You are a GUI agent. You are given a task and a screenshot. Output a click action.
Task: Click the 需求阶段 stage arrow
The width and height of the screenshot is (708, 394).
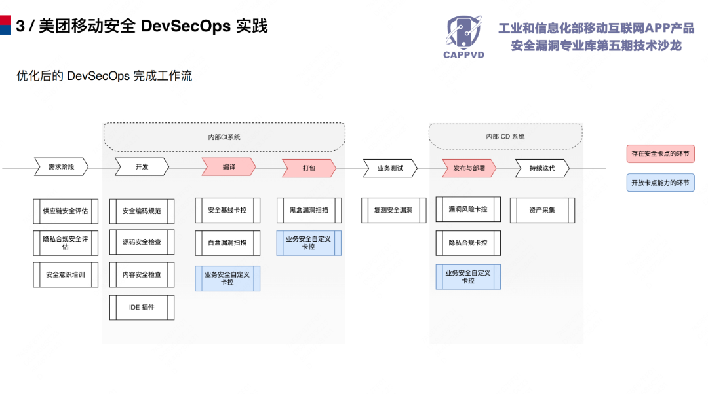(61, 167)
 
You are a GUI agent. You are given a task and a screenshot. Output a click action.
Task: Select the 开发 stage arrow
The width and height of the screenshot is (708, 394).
(142, 167)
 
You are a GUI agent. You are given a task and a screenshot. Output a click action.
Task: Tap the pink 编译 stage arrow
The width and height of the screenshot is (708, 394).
(228, 167)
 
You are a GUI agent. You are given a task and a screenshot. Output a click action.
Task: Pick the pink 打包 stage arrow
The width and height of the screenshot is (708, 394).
(309, 168)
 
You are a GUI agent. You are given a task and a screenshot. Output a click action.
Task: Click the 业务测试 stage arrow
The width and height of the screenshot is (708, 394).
(389, 168)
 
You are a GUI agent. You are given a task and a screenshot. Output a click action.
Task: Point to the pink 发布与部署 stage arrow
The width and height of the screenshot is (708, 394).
(469, 168)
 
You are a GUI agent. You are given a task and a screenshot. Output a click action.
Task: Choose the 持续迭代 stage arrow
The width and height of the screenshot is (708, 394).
(541, 168)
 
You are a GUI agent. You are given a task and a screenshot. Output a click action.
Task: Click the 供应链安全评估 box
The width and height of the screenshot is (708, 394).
(66, 211)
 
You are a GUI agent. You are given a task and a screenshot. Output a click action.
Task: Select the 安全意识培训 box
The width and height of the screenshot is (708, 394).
(66, 275)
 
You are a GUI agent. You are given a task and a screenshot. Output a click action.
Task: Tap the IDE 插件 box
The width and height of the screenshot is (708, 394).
(142, 307)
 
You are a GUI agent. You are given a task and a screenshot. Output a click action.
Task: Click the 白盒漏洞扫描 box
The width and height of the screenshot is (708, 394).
(227, 243)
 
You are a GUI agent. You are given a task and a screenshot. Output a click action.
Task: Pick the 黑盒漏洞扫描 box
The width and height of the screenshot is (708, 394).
(309, 211)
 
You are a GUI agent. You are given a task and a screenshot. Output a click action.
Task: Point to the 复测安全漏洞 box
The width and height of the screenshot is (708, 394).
(393, 211)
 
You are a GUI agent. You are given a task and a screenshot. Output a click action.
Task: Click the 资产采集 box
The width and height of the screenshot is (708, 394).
(542, 210)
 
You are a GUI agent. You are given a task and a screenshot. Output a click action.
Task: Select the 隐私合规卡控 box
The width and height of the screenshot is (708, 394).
(468, 243)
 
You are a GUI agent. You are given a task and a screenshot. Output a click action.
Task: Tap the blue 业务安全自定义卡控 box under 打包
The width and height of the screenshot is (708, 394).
(309, 243)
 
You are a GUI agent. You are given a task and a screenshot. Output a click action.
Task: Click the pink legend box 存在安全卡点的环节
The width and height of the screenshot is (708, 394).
(660, 154)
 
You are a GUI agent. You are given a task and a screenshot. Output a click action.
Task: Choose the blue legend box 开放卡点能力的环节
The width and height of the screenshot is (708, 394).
(660, 183)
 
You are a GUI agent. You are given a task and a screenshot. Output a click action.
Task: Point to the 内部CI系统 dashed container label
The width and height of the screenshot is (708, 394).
(224, 137)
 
